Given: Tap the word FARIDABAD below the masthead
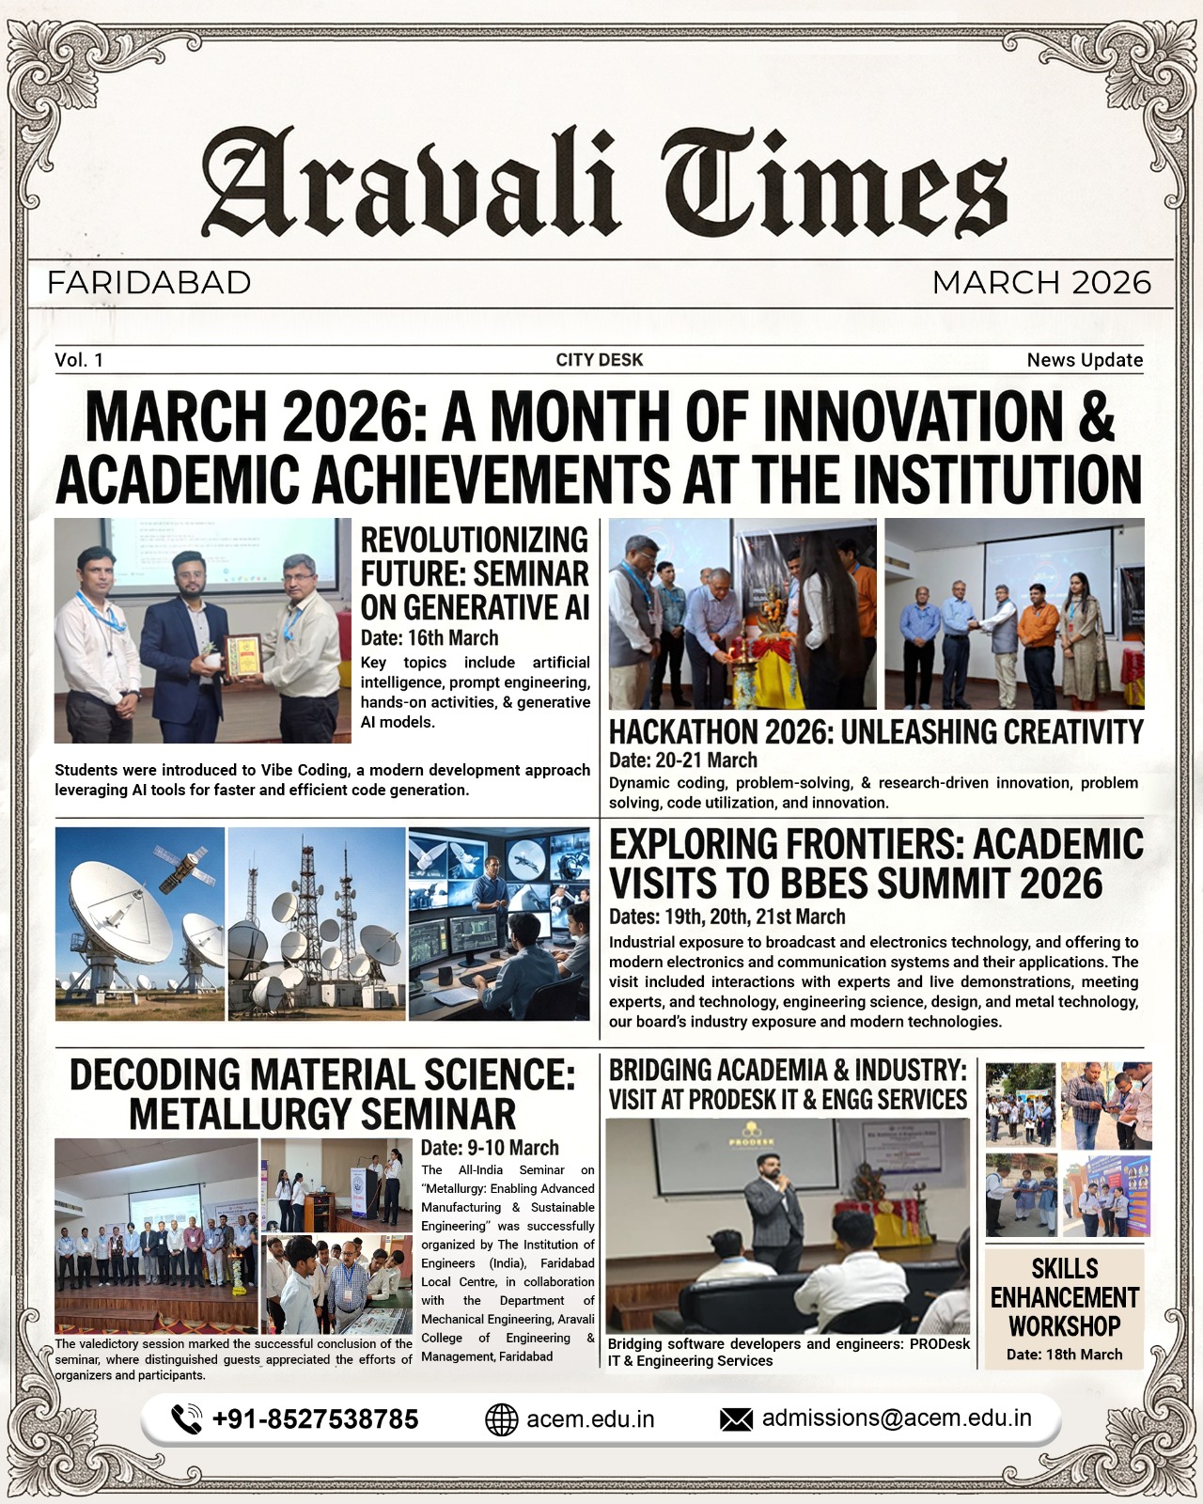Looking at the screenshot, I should click(x=148, y=282).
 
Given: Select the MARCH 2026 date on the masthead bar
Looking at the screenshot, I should click(x=1041, y=282).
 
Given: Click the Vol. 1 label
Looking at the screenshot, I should click(x=79, y=360).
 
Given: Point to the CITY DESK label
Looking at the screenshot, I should click(x=600, y=360).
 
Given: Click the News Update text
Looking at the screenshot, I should click(x=1085, y=360).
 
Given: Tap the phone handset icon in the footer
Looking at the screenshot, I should click(x=186, y=1418).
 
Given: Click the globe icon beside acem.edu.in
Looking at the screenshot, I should click(x=501, y=1419).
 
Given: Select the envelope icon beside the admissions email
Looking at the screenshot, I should click(x=736, y=1419).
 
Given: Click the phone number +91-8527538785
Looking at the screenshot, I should click(x=315, y=1419).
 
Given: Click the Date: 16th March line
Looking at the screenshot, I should click(x=430, y=638).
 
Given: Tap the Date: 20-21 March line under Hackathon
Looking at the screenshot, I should click(x=683, y=760).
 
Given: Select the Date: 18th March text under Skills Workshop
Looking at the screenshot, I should click(x=1064, y=1355).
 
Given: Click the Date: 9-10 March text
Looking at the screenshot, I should click(x=490, y=1148).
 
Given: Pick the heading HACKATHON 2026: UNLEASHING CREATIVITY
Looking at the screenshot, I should click(x=876, y=731).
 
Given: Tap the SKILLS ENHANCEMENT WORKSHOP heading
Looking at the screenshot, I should click(x=1064, y=1297).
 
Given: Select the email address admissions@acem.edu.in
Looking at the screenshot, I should click(x=897, y=1418).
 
